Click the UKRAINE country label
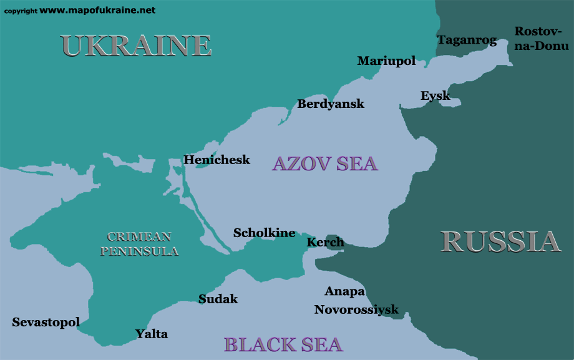point(136,46)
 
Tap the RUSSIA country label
point(500,241)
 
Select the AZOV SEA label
point(325,163)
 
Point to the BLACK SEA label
point(283,344)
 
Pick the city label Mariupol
point(386,61)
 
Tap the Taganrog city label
point(467,41)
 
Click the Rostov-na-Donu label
point(542,39)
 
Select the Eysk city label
point(435,96)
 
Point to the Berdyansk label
point(331,104)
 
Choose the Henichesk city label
point(216,160)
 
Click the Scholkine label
point(264,233)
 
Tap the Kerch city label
point(325,242)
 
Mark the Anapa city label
point(344,291)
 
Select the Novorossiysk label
point(356,309)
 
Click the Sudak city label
point(218,299)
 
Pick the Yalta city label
point(152,334)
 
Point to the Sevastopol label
point(46,322)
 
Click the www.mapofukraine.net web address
point(98,10)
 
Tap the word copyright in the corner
point(21,11)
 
